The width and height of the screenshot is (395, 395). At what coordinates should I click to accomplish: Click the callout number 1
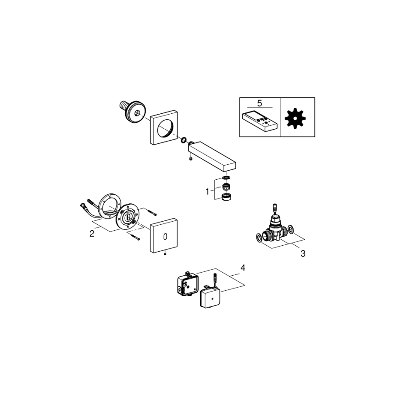(x=208, y=192)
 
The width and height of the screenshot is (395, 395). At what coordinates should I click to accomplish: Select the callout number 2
(x=92, y=233)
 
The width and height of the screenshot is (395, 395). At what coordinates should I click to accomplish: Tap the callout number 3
(x=303, y=253)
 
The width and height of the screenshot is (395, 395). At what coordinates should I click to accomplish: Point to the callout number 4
(x=243, y=268)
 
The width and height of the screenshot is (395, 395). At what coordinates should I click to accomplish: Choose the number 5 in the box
(x=259, y=103)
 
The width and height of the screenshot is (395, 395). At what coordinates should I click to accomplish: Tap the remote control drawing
(x=258, y=121)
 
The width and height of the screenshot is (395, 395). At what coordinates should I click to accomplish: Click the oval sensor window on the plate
(x=165, y=236)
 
